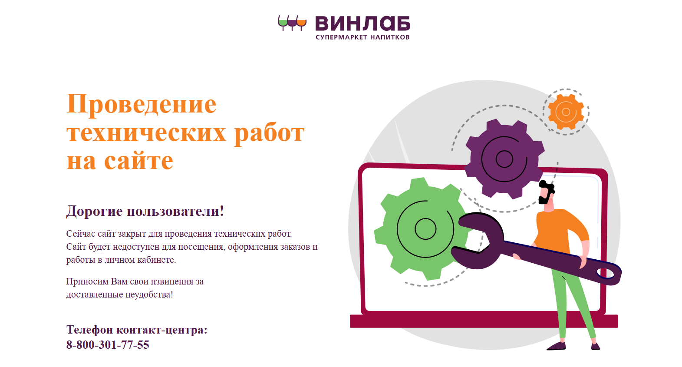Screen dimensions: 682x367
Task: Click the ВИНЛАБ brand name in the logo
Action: click(362, 24)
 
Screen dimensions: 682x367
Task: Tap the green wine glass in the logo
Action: click(283, 23)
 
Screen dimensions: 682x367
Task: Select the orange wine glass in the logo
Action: click(301, 23)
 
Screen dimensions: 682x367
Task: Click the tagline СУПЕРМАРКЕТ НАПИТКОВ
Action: click(362, 37)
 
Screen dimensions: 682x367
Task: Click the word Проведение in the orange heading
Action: click(142, 105)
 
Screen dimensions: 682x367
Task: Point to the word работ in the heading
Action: click(270, 133)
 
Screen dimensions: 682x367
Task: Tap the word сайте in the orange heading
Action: click(139, 160)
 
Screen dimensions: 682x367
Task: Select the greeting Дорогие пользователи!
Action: click(145, 211)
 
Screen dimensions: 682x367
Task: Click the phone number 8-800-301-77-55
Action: click(108, 345)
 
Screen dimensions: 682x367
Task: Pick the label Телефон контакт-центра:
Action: click(137, 330)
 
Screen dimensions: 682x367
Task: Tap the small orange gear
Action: click(566, 112)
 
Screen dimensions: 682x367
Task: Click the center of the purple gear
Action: click(504, 159)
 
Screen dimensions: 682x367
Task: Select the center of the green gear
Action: click(425, 229)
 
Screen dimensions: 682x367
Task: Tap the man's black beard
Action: click(544, 198)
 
